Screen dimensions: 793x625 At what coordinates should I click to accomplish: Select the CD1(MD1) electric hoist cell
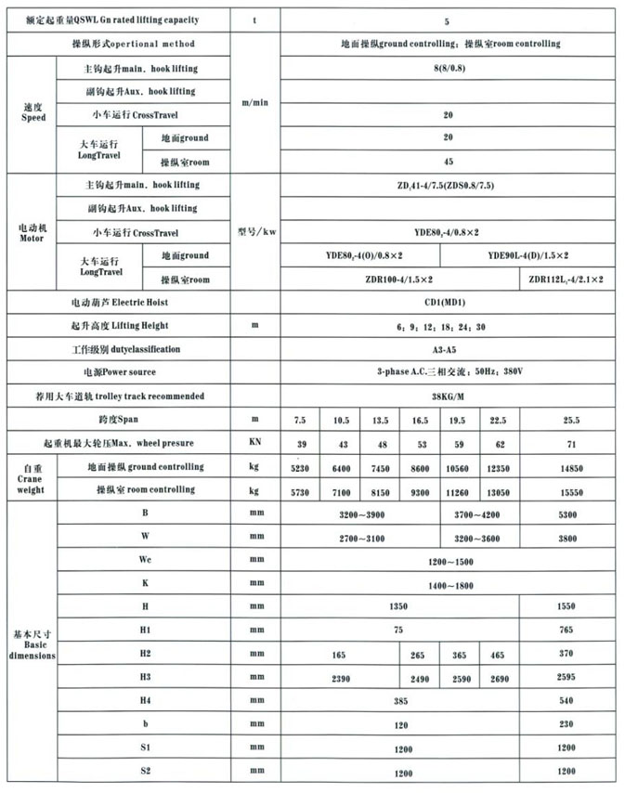coord(449,302)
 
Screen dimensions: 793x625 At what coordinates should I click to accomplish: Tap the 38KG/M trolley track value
coord(449,396)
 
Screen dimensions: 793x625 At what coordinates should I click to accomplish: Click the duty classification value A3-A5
coord(449,349)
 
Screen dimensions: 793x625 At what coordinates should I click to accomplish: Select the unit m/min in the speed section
coord(253,103)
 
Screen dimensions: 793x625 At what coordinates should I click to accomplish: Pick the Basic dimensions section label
coord(33,643)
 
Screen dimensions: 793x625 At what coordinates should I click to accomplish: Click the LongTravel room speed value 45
coord(449,162)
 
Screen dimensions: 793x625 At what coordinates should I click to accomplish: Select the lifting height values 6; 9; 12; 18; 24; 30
coord(449,326)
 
